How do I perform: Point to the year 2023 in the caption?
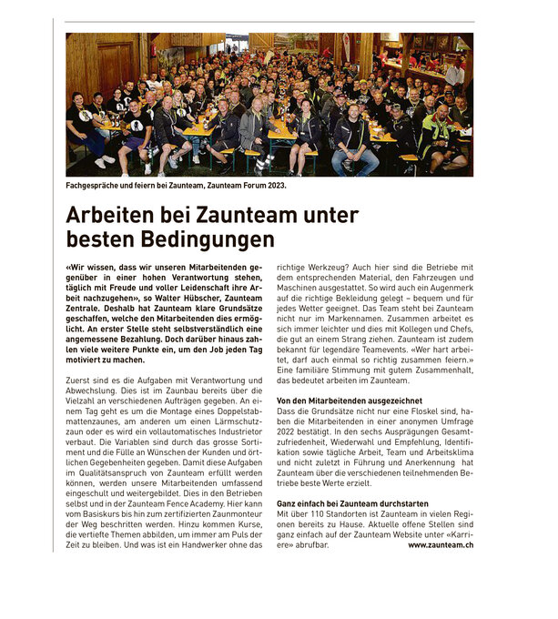click(271, 185)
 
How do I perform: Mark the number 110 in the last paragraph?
click(319, 513)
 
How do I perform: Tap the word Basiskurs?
click(111, 513)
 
